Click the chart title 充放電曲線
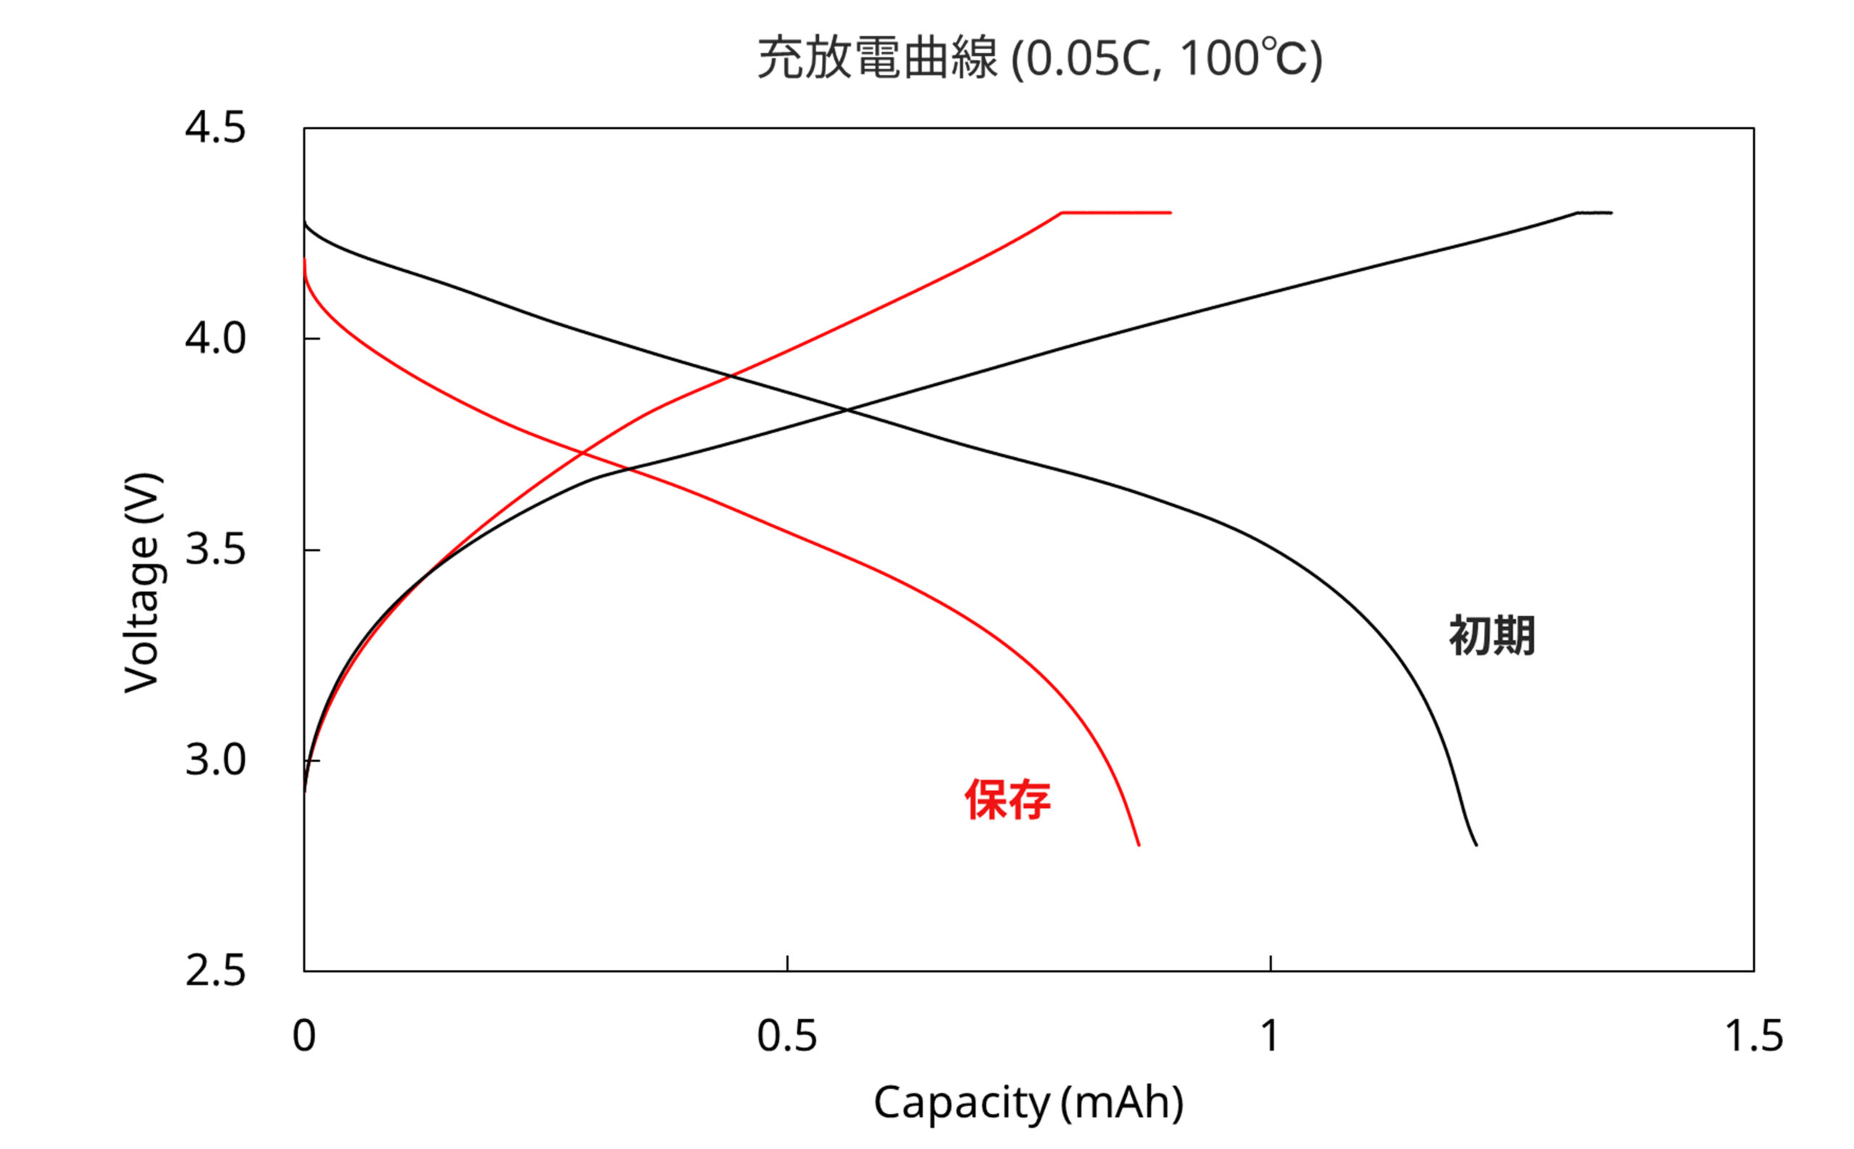click(x=877, y=59)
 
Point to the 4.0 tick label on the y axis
click(x=215, y=338)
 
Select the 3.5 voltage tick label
click(x=215, y=548)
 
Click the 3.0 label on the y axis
click(x=215, y=760)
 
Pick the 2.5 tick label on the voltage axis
click(x=215, y=972)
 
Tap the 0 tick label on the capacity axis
click(x=304, y=1036)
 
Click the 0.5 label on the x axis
click(x=787, y=1036)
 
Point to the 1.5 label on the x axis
click(x=1754, y=1036)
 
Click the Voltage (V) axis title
click(x=142, y=583)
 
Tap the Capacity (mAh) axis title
click(x=1028, y=1103)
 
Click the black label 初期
click(x=1492, y=636)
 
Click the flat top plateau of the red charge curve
click(x=1116, y=213)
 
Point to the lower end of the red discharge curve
click(x=1138, y=844)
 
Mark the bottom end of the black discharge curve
click(x=1476, y=844)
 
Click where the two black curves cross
click(x=845, y=410)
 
